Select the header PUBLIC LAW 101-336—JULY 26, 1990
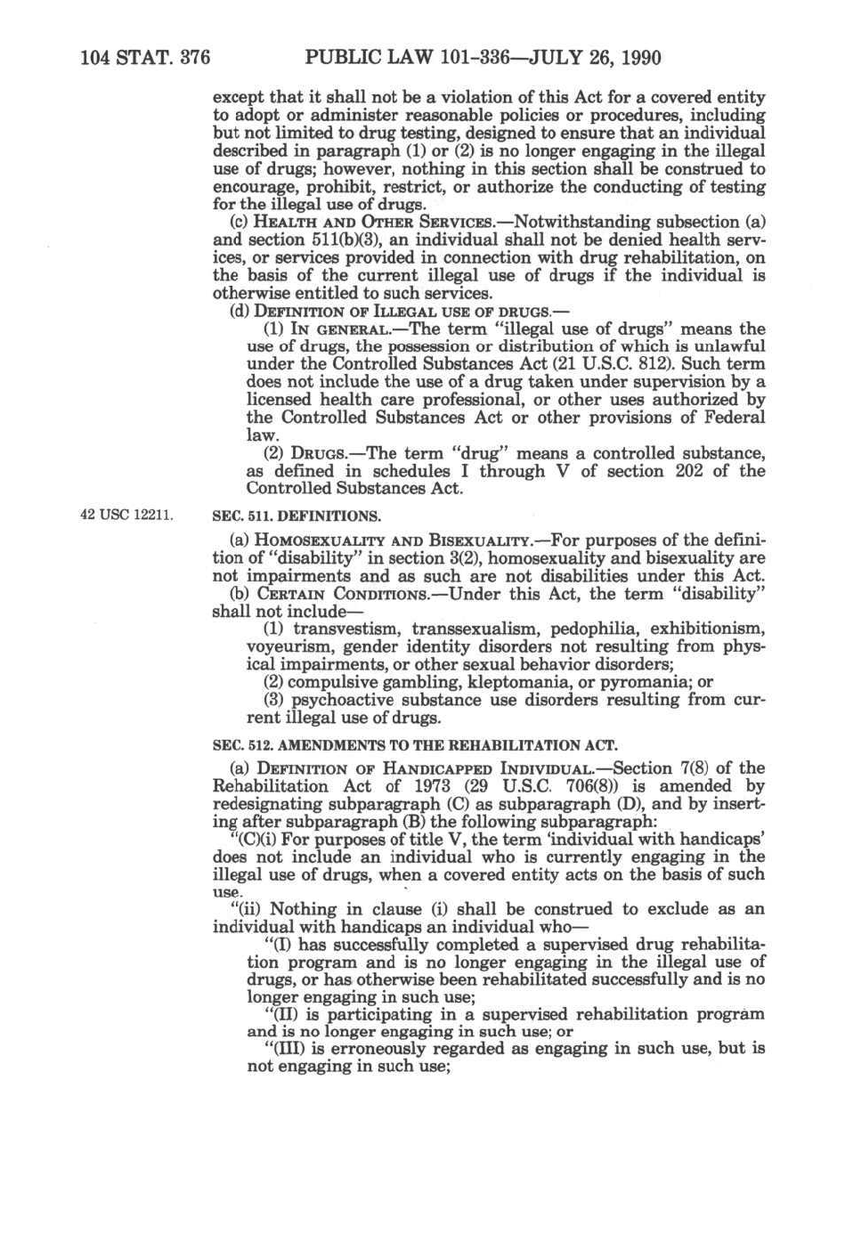[483, 59]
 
